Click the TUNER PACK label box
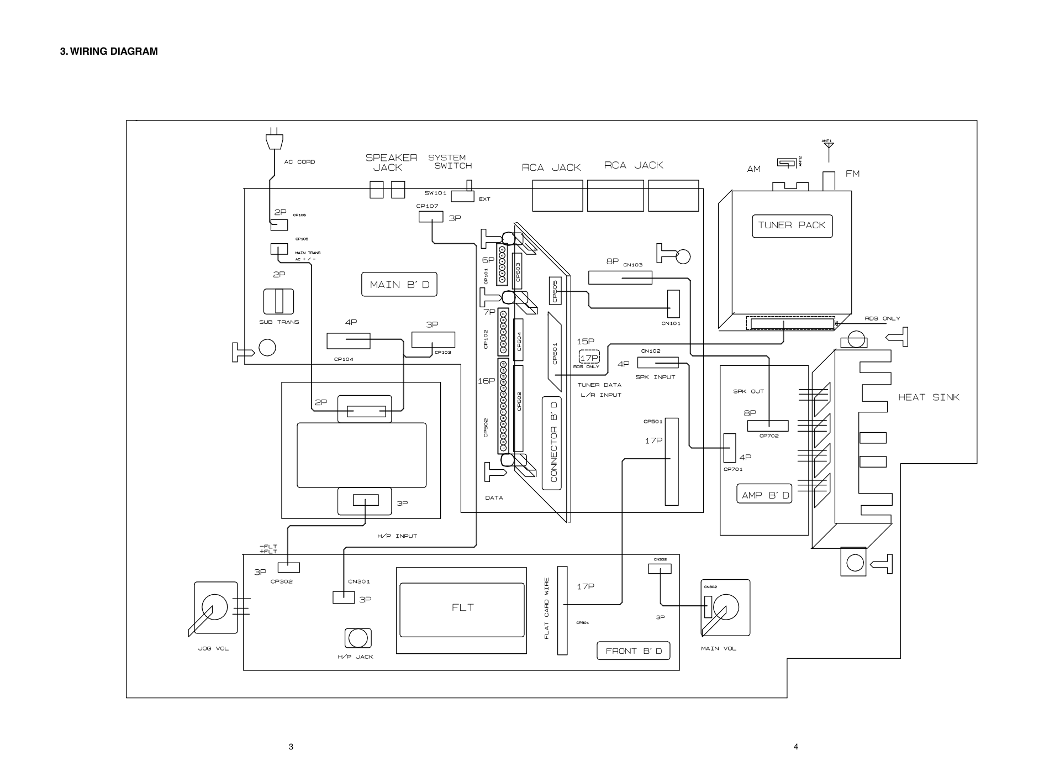(x=792, y=226)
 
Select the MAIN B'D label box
(x=399, y=285)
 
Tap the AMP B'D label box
(x=764, y=494)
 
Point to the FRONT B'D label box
(x=633, y=651)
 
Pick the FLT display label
(x=462, y=607)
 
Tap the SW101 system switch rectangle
(x=462, y=196)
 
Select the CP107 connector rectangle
(x=431, y=217)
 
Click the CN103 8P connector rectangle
(x=620, y=277)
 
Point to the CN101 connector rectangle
(x=673, y=304)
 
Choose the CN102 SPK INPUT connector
(x=657, y=363)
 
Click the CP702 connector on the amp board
(x=767, y=426)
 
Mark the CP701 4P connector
(x=730, y=448)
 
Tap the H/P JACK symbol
(x=357, y=638)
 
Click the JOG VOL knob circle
(x=214, y=607)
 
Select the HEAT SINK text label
(x=929, y=397)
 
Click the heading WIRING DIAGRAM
(x=109, y=51)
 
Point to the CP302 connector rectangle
(x=288, y=567)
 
